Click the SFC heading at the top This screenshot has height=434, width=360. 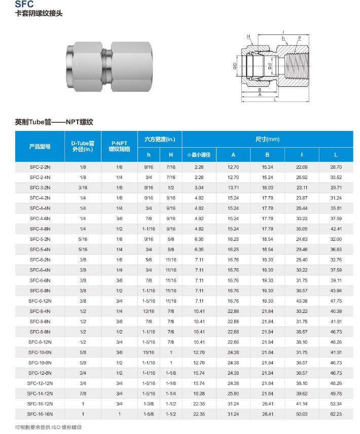pos(24,4)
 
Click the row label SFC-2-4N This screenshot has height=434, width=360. pos(40,177)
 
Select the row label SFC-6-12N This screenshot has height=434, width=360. pos(40,301)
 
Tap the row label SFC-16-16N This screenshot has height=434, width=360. pos(40,414)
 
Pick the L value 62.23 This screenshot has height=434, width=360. pos(336,414)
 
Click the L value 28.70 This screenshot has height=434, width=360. pos(336,167)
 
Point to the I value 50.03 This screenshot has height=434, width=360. pos(302,414)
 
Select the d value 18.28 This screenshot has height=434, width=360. pos(199,393)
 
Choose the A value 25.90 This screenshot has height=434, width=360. pos(233,393)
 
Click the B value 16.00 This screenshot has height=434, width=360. pos(268,188)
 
